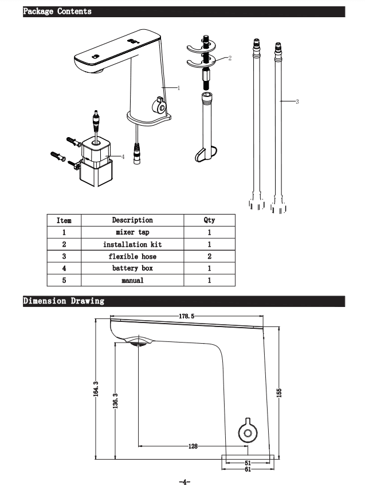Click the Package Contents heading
[57, 11]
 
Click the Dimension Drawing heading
[64, 301]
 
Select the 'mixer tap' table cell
[132, 232]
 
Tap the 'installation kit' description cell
[132, 244]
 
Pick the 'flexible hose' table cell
[132, 256]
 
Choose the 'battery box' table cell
[132, 268]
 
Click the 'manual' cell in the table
[132, 281]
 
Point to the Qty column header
[209, 220]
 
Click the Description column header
[132, 220]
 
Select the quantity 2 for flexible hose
[209, 256]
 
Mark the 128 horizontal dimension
[194, 446]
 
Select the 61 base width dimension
[248, 469]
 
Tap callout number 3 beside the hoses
[297, 102]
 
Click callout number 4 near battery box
[123, 156]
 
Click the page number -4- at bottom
[184, 482]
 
